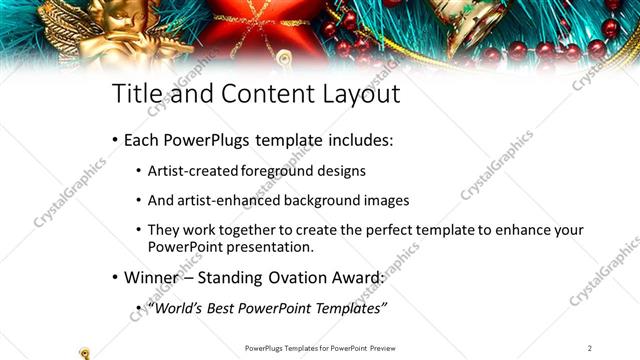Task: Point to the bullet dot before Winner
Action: pyautogui.click(x=115, y=278)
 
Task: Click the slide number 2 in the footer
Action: pyautogui.click(x=590, y=347)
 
